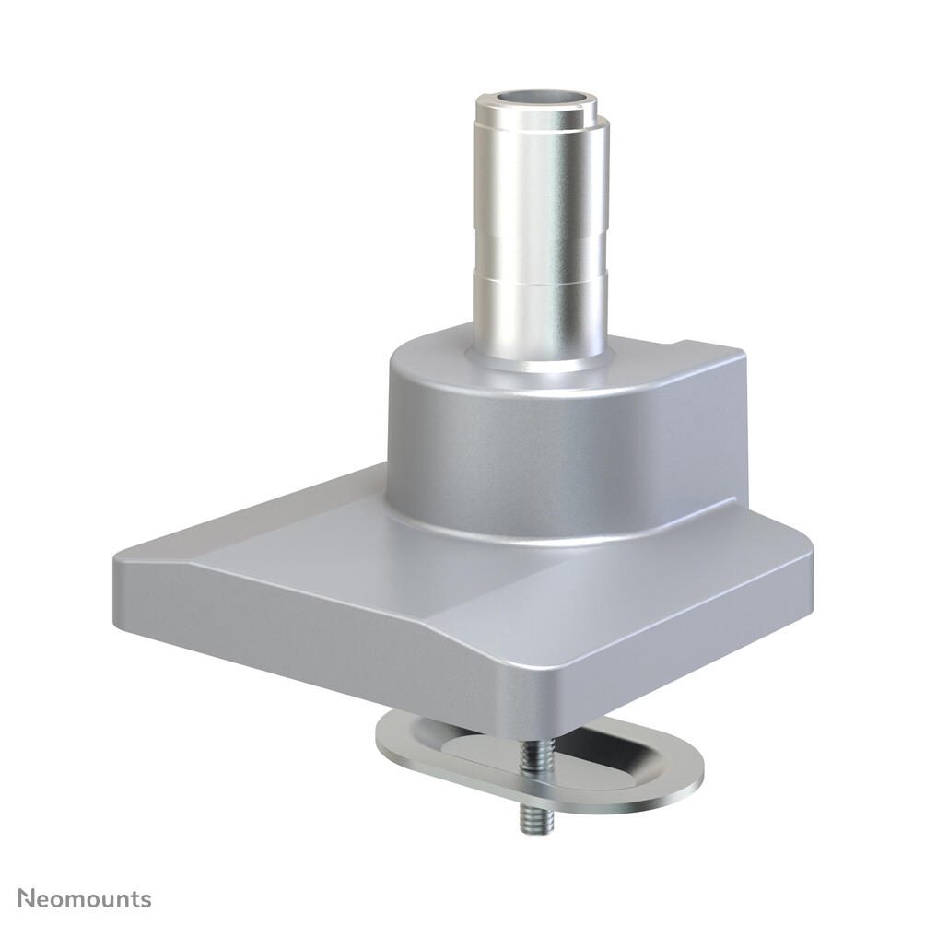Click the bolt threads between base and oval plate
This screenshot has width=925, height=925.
pyautogui.click(x=528, y=757)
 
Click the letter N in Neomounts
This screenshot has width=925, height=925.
pyautogui.click(x=28, y=898)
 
